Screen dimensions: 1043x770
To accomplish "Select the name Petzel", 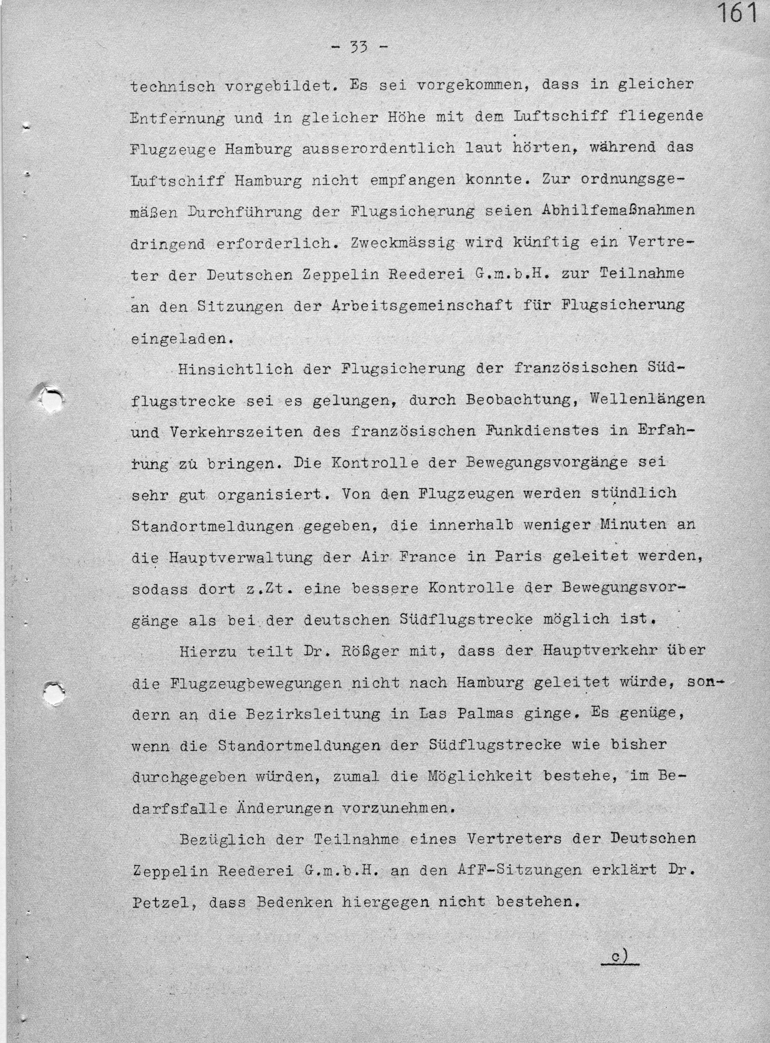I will (161, 903).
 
